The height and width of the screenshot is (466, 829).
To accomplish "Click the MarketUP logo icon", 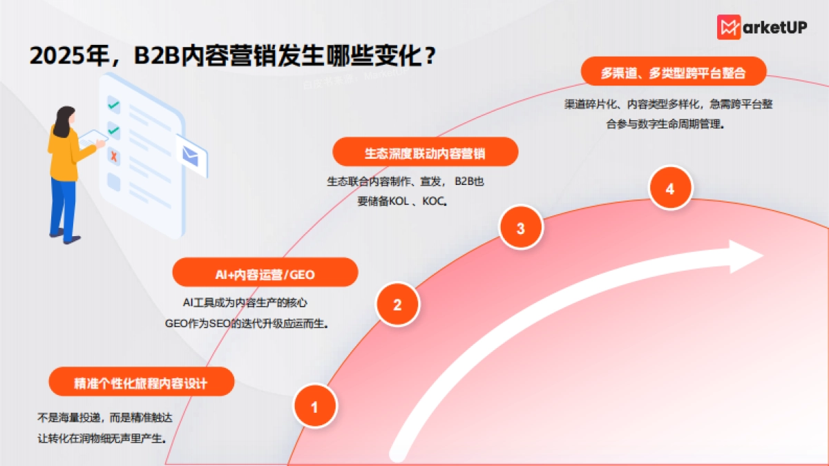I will (x=729, y=28).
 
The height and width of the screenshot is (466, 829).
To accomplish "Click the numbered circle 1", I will (x=315, y=407).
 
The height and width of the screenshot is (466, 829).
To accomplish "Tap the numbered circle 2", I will (x=397, y=304).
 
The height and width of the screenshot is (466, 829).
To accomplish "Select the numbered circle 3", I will (x=520, y=228).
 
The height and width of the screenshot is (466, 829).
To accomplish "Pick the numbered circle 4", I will (x=669, y=188).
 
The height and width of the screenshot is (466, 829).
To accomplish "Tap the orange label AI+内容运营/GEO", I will (x=265, y=274).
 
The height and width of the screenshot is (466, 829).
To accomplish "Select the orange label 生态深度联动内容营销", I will (x=425, y=153).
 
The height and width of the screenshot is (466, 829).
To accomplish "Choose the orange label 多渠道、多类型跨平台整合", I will (x=673, y=72).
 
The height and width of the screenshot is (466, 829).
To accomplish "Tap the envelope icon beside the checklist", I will (x=191, y=156).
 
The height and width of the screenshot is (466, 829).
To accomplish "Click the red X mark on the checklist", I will (x=114, y=157).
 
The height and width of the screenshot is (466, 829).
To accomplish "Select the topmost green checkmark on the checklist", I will (x=114, y=105).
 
